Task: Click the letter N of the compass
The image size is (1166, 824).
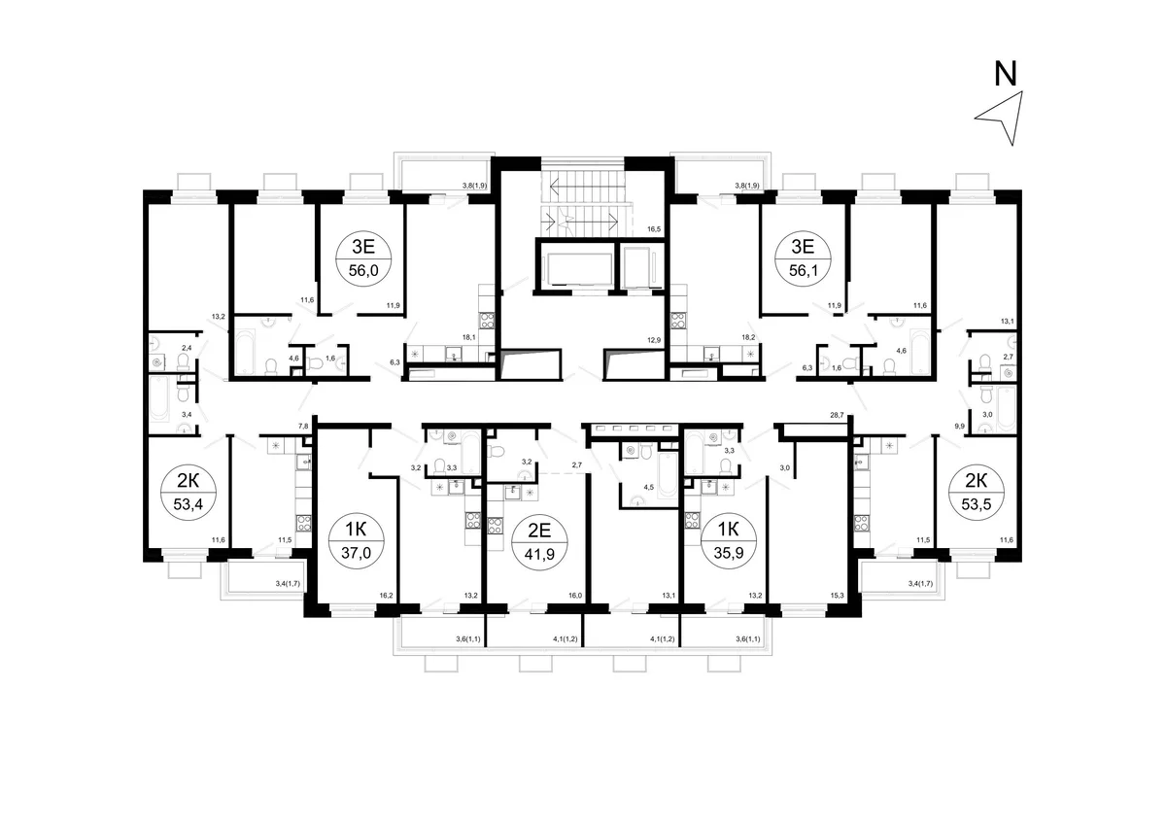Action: pos(1005,74)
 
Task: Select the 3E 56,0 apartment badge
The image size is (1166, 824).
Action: pos(363,258)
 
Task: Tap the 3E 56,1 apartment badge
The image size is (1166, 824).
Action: pos(803,258)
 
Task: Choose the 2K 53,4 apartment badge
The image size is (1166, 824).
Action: pos(189,493)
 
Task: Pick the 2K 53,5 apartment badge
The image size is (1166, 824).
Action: pos(977,493)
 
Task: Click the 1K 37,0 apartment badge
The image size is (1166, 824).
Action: pos(356,541)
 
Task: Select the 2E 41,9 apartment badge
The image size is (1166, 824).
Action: pos(539,542)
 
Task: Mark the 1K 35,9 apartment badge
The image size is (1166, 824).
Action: pos(728,541)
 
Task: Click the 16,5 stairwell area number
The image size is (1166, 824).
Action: pos(654,229)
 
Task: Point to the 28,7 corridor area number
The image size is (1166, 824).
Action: pos(837,415)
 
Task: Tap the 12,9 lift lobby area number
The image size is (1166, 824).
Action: pos(654,340)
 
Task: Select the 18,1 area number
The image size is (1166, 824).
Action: pos(469,337)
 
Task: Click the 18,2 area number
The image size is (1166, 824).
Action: pos(748,337)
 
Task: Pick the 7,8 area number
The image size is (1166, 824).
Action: pos(303,427)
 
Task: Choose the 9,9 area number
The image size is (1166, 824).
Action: pos(959,426)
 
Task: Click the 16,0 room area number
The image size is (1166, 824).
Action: pos(575,596)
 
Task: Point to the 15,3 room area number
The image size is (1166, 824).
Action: pos(837,596)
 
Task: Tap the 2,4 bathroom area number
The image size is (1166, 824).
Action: pos(187,348)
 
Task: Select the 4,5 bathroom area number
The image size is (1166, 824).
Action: pos(649,488)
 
